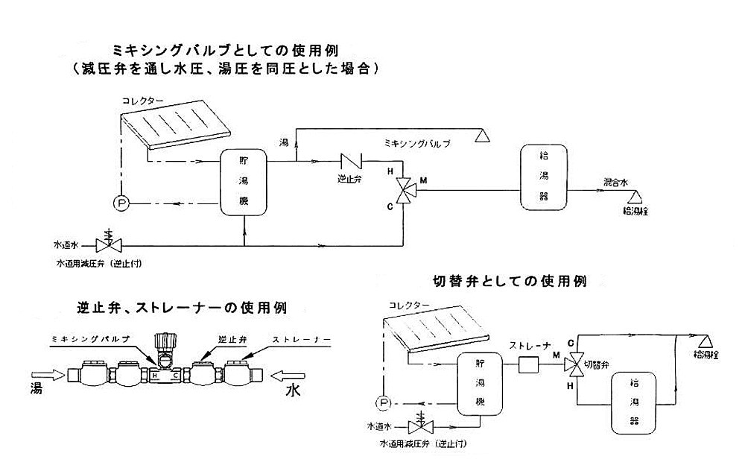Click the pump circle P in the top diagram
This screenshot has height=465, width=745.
[x=119, y=202]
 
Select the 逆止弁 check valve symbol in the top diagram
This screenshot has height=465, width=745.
[x=350, y=160]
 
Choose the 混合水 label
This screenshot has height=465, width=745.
[x=617, y=182]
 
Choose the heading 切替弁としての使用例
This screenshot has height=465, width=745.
[x=510, y=282]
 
